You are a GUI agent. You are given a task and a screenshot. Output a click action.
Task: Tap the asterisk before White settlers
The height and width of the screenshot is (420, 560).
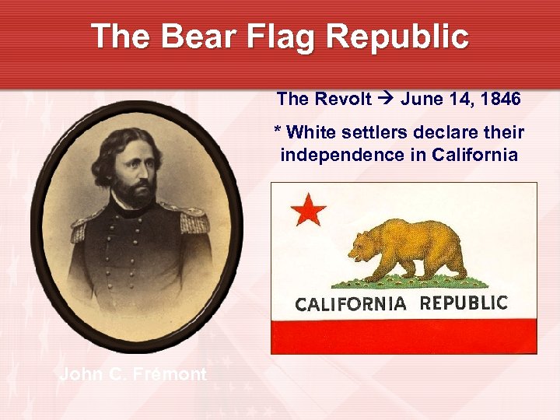tap(277, 131)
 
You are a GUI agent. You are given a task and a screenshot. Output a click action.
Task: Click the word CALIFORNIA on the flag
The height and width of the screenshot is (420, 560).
tap(351, 304)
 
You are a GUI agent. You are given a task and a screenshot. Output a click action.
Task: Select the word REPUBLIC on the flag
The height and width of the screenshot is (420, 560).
tap(464, 303)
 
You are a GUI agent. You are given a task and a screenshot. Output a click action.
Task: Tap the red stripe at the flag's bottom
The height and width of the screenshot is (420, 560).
tap(403, 336)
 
